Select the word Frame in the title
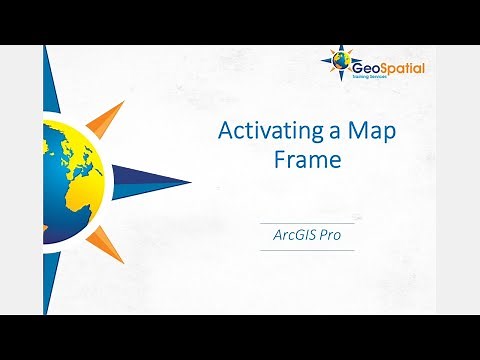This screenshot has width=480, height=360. pyautogui.click(x=307, y=160)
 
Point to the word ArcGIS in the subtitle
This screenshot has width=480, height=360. pyautogui.click(x=295, y=236)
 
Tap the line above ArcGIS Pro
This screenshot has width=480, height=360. pyautogui.click(x=307, y=222)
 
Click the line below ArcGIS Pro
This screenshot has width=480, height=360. pyautogui.click(x=307, y=250)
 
